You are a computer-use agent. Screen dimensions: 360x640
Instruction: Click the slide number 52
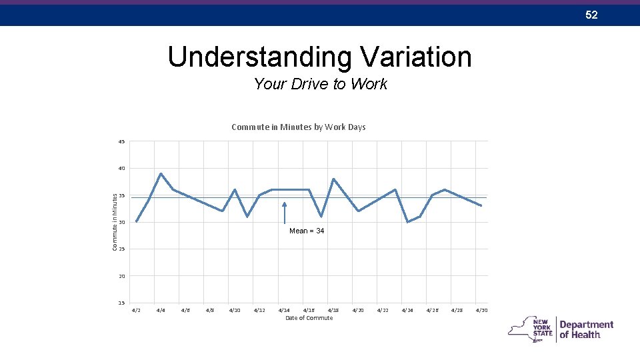pyautogui.click(x=591, y=15)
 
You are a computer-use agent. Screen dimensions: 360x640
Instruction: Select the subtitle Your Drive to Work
pyautogui.click(x=320, y=84)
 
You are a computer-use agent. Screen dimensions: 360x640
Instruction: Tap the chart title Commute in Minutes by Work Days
pyautogui.click(x=298, y=127)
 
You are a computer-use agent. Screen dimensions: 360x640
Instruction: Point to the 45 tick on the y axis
pyautogui.click(x=121, y=141)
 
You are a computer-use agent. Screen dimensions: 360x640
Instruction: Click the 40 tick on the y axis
pyautogui.click(x=121, y=169)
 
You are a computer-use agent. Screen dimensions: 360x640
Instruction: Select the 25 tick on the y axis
pyautogui.click(x=121, y=249)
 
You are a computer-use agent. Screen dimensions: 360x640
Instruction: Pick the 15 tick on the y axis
pyautogui.click(x=121, y=303)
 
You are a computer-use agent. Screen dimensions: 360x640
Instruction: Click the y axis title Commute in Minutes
pyautogui.click(x=115, y=222)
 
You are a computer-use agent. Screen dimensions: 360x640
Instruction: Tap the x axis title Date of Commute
pyautogui.click(x=309, y=318)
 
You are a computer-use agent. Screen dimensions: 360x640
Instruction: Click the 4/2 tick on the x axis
pyautogui.click(x=136, y=310)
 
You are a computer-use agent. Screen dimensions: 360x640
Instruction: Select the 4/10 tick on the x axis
pyautogui.click(x=235, y=310)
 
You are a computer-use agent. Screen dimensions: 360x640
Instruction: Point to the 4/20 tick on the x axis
pyautogui.click(x=358, y=310)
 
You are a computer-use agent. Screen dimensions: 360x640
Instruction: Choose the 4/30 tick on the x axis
pyautogui.click(x=481, y=310)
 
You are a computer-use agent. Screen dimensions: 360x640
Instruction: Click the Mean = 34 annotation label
pyautogui.click(x=307, y=231)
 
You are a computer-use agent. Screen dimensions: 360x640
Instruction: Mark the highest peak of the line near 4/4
pyautogui.click(x=161, y=173)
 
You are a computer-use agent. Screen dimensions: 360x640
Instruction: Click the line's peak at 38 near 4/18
pyautogui.click(x=333, y=179)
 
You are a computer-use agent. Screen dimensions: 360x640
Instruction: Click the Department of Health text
pyautogui.click(x=586, y=329)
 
